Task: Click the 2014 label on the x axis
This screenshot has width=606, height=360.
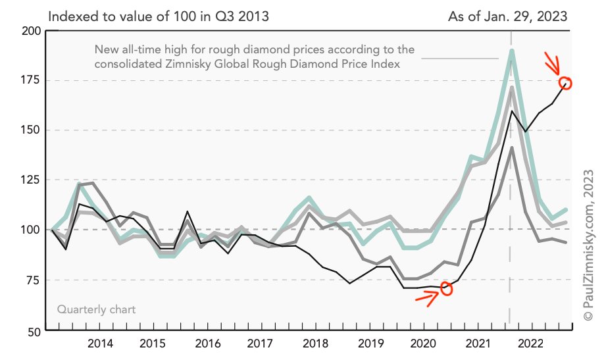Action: [x=99, y=344]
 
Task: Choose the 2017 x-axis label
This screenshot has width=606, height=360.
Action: [x=261, y=344]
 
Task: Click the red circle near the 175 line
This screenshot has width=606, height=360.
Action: [x=566, y=83]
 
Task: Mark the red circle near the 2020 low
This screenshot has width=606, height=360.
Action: [x=447, y=289]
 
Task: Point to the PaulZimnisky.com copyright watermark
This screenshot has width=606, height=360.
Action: [x=588, y=243]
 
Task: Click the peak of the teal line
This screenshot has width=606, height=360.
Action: [x=511, y=51]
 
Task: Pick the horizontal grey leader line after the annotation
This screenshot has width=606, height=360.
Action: [x=460, y=58]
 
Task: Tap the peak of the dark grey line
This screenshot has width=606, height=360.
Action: [x=511, y=148]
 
